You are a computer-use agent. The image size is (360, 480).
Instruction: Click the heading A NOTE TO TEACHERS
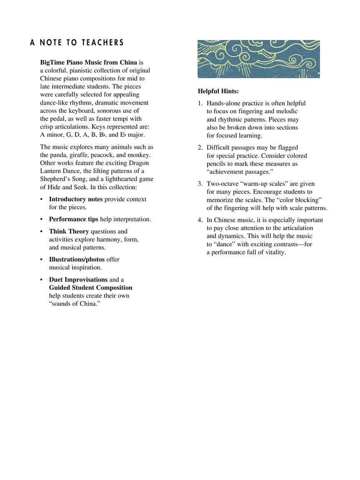(x=77, y=42)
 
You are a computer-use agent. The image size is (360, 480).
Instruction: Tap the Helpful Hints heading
(x=218, y=91)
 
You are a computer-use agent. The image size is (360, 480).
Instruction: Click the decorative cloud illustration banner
(x=259, y=59)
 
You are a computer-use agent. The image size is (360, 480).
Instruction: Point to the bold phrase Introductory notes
(x=76, y=199)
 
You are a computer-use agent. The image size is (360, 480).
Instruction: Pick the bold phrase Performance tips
(x=74, y=219)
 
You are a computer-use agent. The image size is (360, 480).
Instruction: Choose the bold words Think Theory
(x=69, y=231)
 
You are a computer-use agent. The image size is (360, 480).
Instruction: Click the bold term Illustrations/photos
(x=77, y=260)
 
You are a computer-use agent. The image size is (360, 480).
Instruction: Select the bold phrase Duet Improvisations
(x=78, y=280)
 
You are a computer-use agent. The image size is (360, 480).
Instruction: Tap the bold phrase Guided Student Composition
(x=90, y=287)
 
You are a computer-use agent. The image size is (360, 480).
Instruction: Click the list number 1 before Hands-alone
(x=200, y=103)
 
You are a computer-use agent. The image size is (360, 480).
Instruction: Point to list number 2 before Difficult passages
(x=200, y=147)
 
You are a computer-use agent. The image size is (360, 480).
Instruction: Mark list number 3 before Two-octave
(x=200, y=184)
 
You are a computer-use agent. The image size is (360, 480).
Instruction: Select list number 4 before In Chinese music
(x=200, y=220)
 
